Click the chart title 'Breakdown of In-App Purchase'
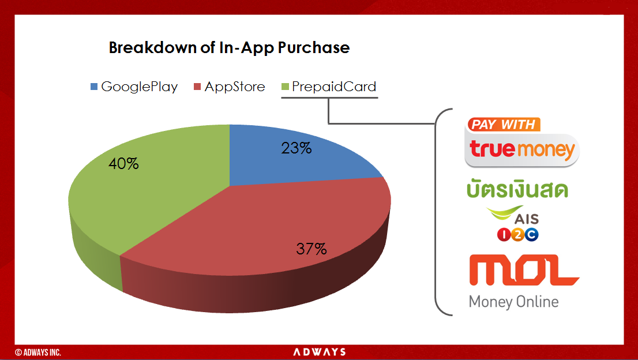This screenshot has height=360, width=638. coord(229,48)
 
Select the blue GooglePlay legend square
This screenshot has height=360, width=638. coord(94,87)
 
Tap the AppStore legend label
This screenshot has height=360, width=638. coord(235,87)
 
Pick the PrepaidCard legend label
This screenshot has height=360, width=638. coord(334,87)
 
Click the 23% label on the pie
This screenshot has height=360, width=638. coord(297,148)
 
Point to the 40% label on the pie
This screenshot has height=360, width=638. coord(123,163)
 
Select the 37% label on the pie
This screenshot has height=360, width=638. coord(312,249)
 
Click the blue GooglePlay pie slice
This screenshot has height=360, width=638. coord(293,159)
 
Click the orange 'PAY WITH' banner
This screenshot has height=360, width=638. coord(504,125)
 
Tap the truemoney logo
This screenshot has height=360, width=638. coord(522,149)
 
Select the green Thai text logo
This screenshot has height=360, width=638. coord(517,189)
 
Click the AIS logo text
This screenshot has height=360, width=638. coord(527,219)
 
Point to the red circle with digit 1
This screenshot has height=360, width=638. coord(504,234)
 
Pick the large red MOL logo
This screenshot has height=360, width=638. coord(524,270)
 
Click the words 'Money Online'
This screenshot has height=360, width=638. coord(513,302)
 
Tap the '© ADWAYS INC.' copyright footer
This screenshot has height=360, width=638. coord(38,352)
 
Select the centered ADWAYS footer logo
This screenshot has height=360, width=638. coord(320,352)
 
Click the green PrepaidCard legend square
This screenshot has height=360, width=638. coord(285,87)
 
